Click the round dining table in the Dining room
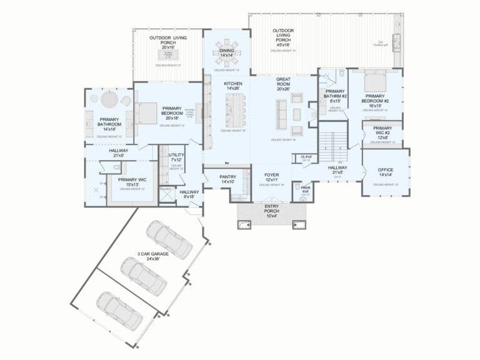pos(226,53)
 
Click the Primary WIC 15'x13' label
pos(132,182)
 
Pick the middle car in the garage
pos(144,276)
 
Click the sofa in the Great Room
pos(281,114)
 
